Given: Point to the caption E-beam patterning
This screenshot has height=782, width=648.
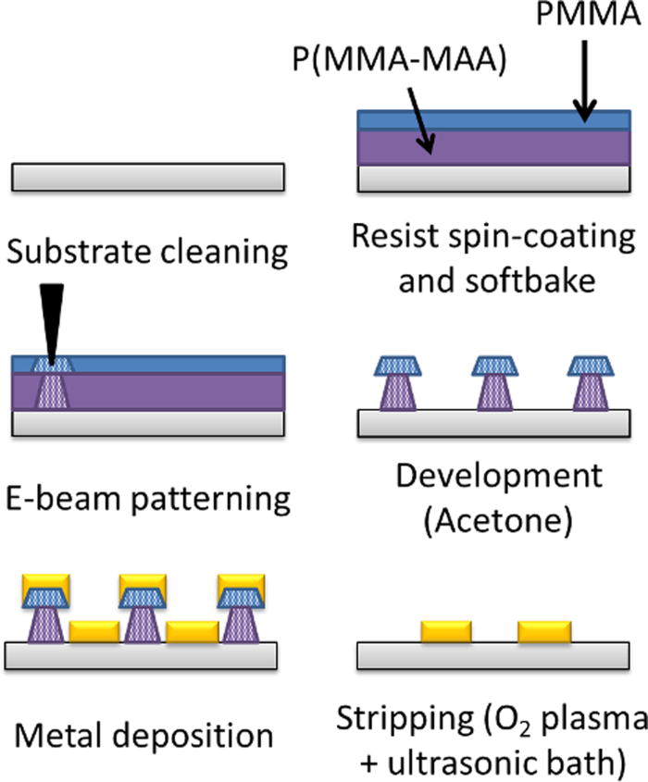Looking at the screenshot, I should tap(145, 499).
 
